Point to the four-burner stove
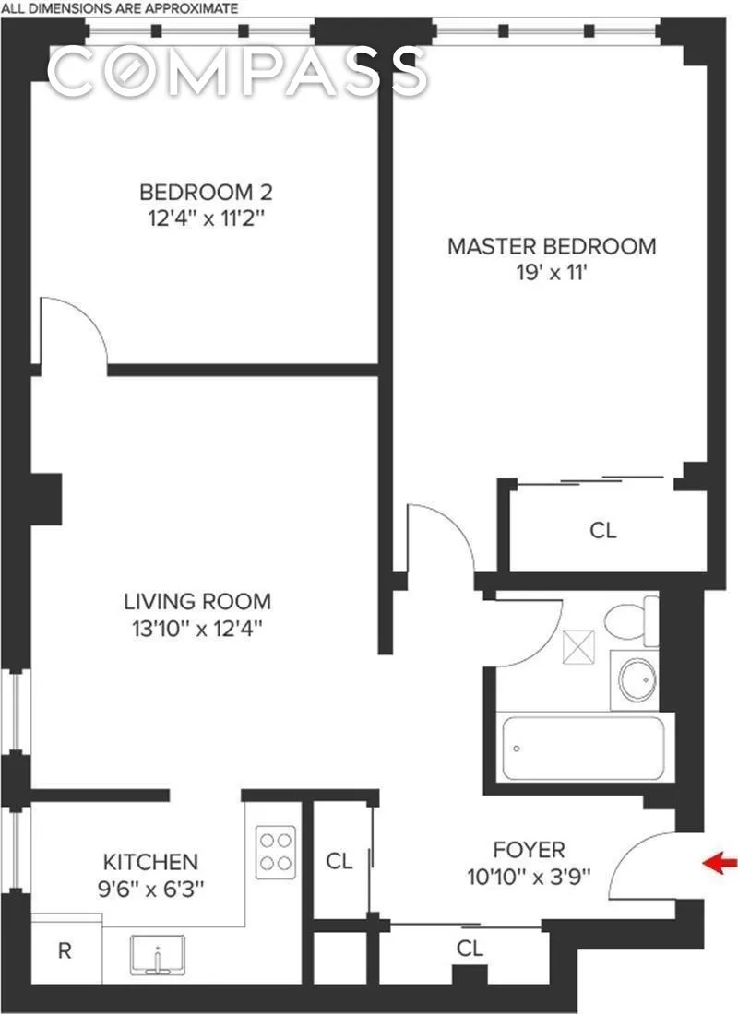276,851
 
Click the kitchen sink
160,956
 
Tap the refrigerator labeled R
65,950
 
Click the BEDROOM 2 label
206,194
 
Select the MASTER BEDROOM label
552,247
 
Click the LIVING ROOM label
197,602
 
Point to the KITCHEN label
149,863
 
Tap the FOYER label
529,850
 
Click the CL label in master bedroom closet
602,531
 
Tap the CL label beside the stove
339,862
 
